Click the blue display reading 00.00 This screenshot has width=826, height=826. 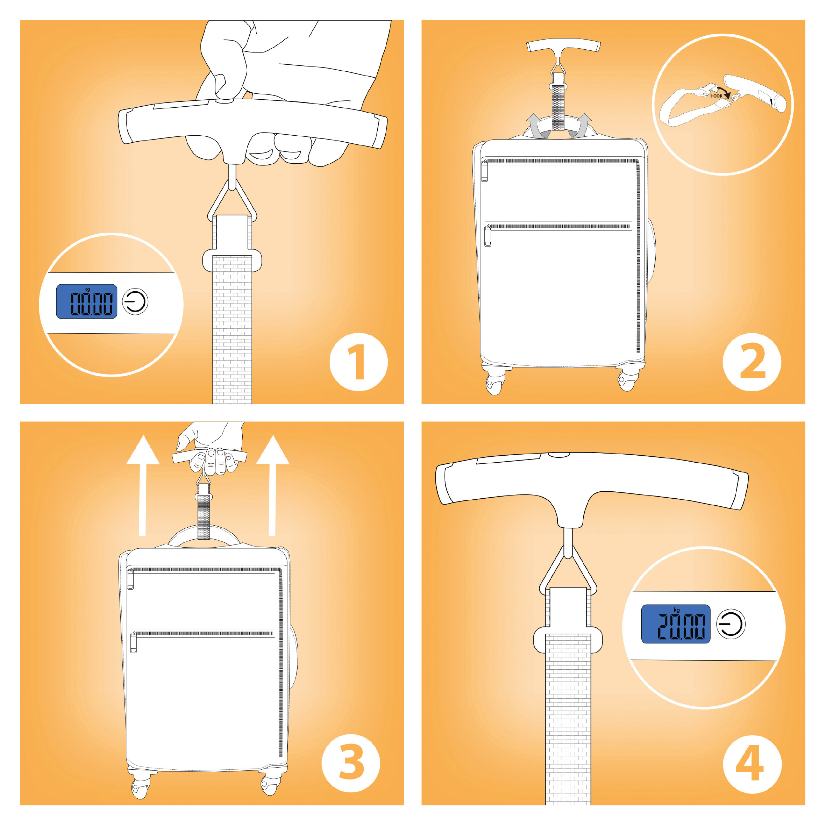(87, 301)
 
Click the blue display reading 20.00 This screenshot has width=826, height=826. (676, 624)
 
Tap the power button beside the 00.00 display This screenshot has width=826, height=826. (136, 301)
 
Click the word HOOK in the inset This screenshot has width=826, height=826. (716, 96)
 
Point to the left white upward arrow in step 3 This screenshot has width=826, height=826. (143, 485)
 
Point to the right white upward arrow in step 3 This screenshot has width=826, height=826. (272, 485)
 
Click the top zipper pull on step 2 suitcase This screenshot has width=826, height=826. (484, 171)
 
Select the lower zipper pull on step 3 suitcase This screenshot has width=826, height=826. (133, 642)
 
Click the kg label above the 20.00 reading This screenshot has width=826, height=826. (676, 610)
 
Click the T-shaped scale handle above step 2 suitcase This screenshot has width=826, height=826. (563, 46)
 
